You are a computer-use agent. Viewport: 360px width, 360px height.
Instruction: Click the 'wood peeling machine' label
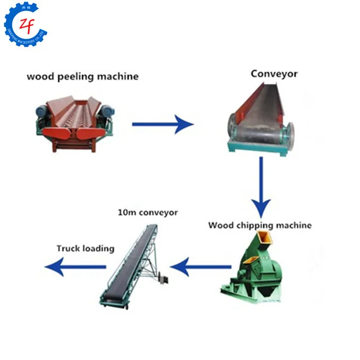pos(82,76)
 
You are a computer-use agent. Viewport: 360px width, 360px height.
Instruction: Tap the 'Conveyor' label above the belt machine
pos(274,74)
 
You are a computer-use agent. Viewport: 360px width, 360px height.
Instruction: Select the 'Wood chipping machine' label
pos(259,226)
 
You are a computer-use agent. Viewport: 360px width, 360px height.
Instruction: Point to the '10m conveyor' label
pos(147,213)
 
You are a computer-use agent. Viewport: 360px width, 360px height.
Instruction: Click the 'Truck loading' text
pos(85,248)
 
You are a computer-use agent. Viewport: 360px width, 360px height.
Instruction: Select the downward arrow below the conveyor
pos(260,186)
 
